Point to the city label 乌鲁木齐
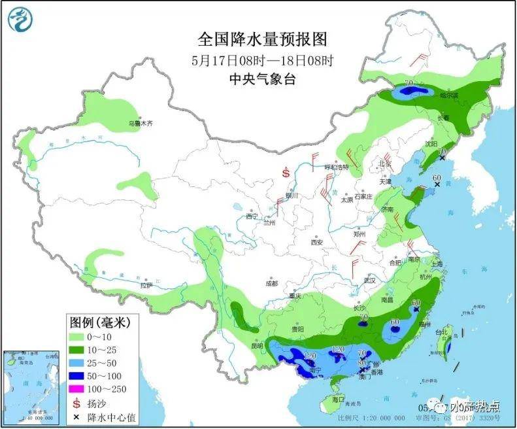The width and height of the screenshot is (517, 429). point(139,122)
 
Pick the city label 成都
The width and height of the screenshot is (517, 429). point(271,283)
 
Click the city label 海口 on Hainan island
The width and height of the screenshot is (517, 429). point(338,399)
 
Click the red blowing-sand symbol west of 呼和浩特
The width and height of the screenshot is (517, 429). point(286,173)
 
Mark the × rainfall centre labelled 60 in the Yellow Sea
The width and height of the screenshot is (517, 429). point(437,185)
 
